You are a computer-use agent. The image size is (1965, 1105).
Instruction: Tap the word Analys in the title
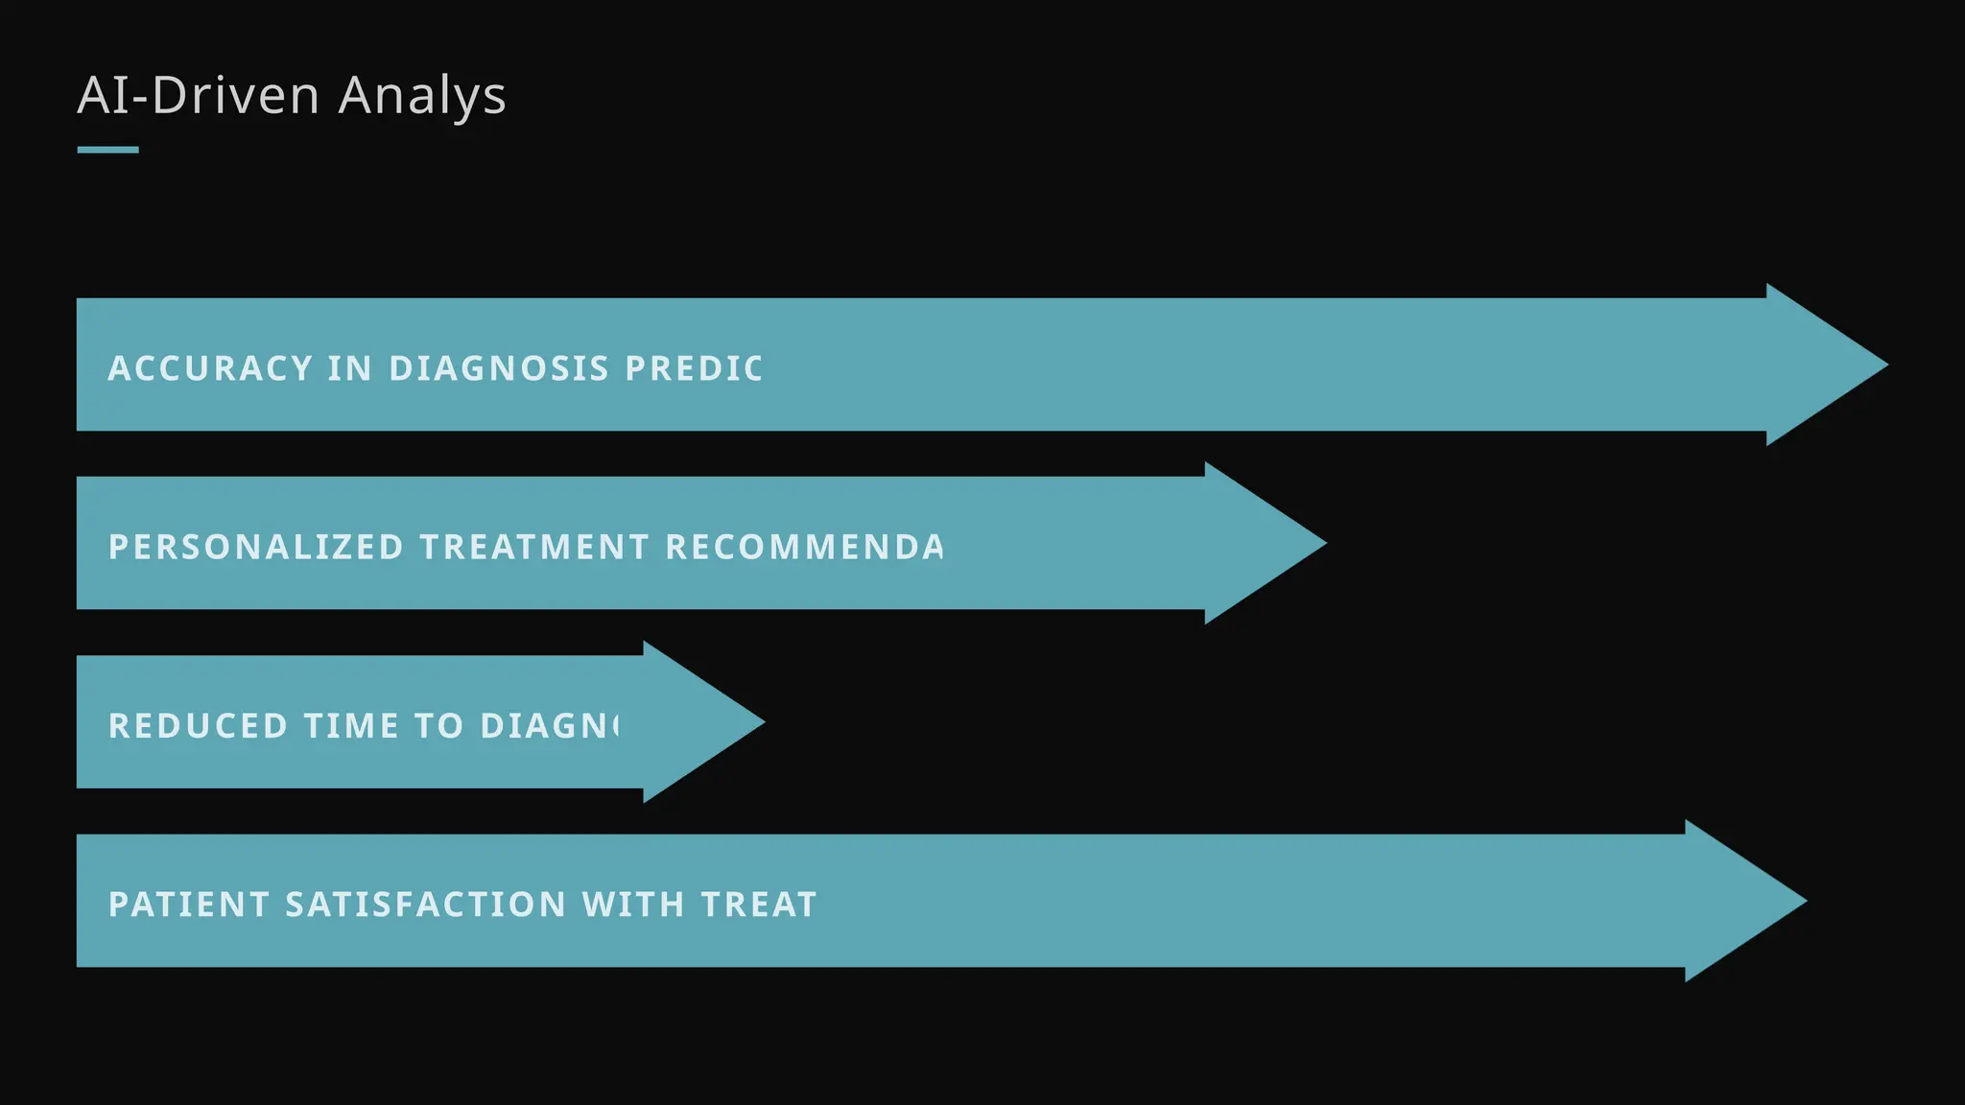pyautogui.click(x=422, y=97)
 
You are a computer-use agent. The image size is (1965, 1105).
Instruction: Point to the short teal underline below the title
pyautogui.click(x=107, y=150)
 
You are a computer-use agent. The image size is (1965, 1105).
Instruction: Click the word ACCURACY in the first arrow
pyautogui.click(x=210, y=368)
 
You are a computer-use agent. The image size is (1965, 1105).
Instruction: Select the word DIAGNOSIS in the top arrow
pyautogui.click(x=499, y=368)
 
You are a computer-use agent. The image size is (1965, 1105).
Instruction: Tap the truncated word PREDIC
pyautogui.click(x=694, y=368)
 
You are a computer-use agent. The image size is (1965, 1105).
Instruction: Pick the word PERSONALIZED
pyautogui.click(x=256, y=547)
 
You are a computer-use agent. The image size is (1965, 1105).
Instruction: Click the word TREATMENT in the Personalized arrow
pyautogui.click(x=534, y=547)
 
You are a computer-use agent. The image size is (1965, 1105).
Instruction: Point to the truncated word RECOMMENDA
pyautogui.click(x=804, y=547)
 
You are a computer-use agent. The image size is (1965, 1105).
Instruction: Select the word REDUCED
pyautogui.click(x=198, y=726)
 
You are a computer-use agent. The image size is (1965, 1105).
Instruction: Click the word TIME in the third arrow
pyautogui.click(x=351, y=726)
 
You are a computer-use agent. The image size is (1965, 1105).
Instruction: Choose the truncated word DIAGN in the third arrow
pyautogui.click(x=549, y=726)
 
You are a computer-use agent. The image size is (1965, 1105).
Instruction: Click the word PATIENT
pyautogui.click(x=189, y=905)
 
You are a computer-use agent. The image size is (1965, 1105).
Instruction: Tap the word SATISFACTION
pyautogui.click(x=425, y=905)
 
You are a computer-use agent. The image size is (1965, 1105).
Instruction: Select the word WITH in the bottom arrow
pyautogui.click(x=632, y=905)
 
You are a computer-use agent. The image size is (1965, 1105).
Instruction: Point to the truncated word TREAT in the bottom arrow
pyautogui.click(x=758, y=905)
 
